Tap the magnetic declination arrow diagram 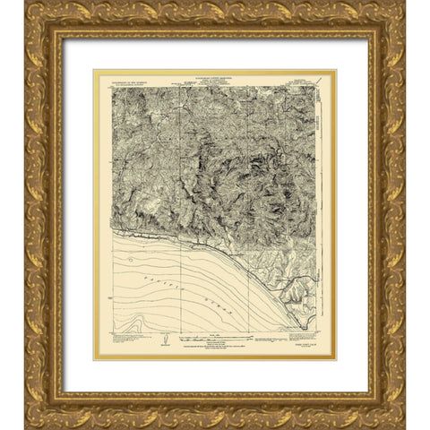coord(165,339)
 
